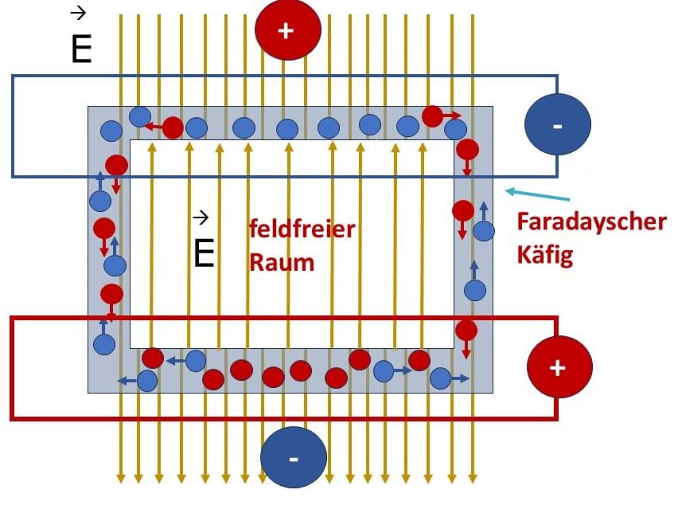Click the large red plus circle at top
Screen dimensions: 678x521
pyautogui.click(x=288, y=29)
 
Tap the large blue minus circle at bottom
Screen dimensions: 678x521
pyautogui.click(x=294, y=457)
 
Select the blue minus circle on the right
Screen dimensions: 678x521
pyautogui.click(x=557, y=124)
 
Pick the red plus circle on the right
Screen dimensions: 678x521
pyautogui.click(x=559, y=367)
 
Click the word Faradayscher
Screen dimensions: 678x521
pyautogui.click(x=591, y=222)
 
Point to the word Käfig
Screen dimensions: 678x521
pyautogui.click(x=545, y=254)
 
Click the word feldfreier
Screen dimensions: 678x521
pyautogui.click(x=302, y=228)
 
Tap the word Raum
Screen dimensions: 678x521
pyautogui.click(x=282, y=262)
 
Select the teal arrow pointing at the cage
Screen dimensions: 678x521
pyautogui.click(x=537, y=194)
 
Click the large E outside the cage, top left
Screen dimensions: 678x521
pyautogui.click(x=81, y=49)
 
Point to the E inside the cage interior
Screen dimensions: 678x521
pyautogui.click(x=204, y=253)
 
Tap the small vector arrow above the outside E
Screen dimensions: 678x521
pyautogui.click(x=78, y=14)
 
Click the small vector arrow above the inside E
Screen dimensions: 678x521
pyautogui.click(x=201, y=217)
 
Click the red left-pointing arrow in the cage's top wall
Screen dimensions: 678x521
pyautogui.click(x=153, y=127)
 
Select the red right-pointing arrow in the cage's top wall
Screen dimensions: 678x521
pyautogui.click(x=452, y=116)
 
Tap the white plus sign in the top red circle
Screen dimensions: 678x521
pyautogui.click(x=286, y=31)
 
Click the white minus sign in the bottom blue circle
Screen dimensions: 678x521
pyautogui.click(x=294, y=459)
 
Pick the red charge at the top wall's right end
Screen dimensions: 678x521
pyautogui.click(x=432, y=116)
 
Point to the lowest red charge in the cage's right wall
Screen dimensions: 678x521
pyautogui.click(x=466, y=331)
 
